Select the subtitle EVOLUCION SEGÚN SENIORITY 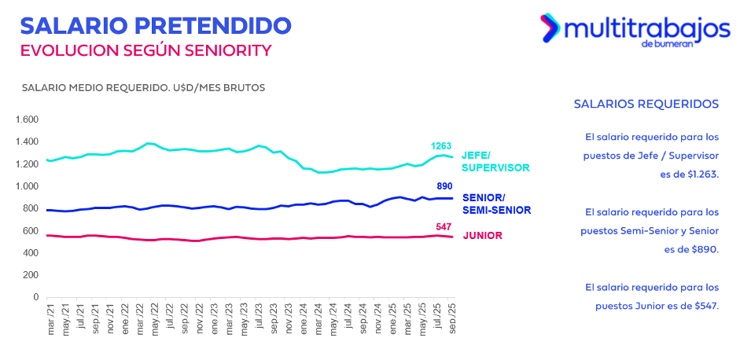click(x=145, y=50)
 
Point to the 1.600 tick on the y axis click(x=27, y=119)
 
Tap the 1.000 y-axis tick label click(x=27, y=186)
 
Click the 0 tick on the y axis click(x=35, y=297)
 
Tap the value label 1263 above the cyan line click(x=440, y=146)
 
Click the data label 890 click(x=445, y=186)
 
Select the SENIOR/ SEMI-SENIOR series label click(x=496, y=204)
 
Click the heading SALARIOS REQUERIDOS click(x=646, y=104)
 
